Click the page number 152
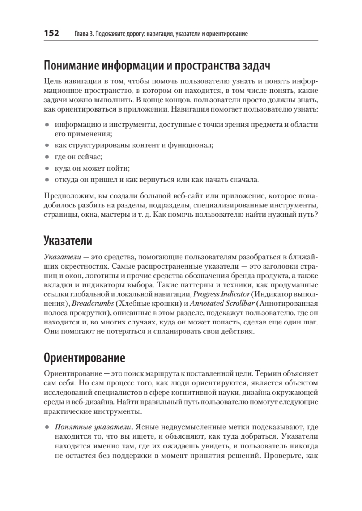pyautogui.click(x=51, y=33)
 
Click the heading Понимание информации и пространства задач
pyautogui.click(x=157, y=66)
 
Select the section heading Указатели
pyautogui.click(x=68, y=241)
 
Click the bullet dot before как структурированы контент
pyautogui.click(x=46, y=145)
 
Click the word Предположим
pyautogui.click(x=66, y=196)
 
